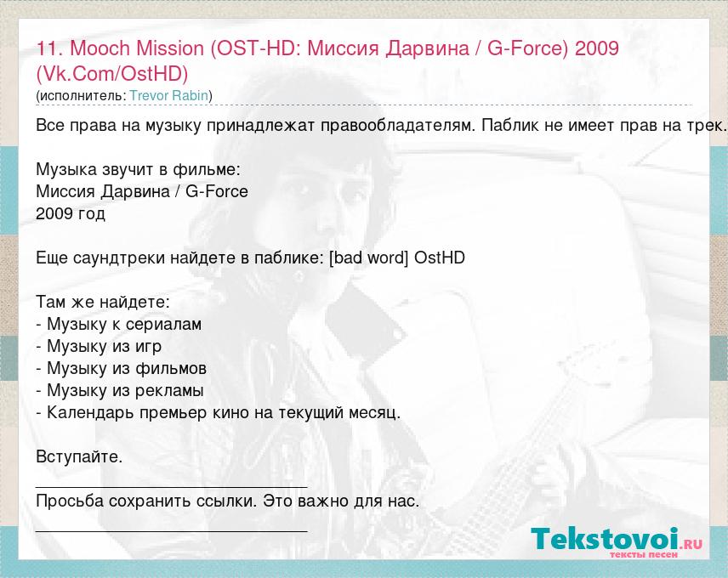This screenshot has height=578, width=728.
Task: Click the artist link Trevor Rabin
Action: (x=168, y=95)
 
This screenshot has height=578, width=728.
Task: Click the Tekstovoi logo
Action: (x=617, y=541)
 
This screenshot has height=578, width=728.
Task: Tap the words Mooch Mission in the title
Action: (x=136, y=48)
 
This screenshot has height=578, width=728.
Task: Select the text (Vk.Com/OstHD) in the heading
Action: (x=112, y=74)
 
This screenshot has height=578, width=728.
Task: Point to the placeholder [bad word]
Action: (x=368, y=258)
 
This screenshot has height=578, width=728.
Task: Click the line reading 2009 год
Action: (x=71, y=214)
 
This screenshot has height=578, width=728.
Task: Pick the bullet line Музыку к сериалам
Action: (x=119, y=324)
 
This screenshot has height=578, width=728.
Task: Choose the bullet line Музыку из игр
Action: (x=99, y=347)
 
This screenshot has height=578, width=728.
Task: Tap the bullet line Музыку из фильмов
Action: (x=121, y=368)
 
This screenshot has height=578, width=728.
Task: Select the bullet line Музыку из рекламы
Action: (x=120, y=391)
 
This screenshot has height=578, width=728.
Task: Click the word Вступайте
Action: (x=79, y=457)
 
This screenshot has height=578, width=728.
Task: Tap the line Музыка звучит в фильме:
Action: (x=139, y=170)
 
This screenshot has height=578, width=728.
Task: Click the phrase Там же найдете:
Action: (x=103, y=303)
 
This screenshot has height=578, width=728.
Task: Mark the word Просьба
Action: (x=70, y=501)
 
